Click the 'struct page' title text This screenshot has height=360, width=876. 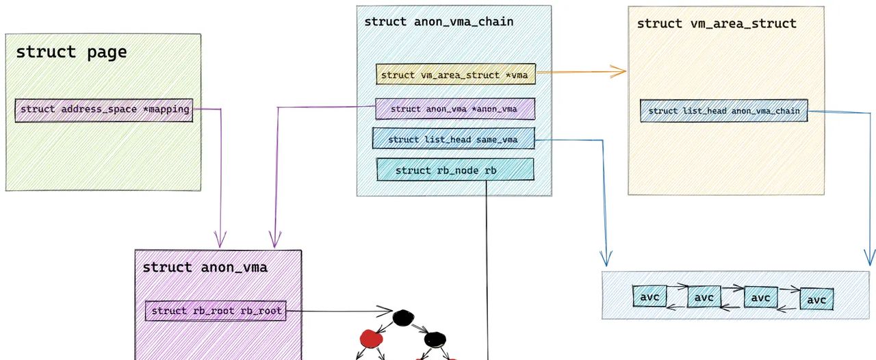71,52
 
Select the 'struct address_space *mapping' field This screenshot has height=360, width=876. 104,110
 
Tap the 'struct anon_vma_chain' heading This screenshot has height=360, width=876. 439,21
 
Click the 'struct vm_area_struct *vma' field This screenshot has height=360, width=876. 455,75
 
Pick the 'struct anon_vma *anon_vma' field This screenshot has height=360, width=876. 454,109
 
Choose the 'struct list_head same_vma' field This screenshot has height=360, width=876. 452,139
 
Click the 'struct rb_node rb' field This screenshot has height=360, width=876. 454,170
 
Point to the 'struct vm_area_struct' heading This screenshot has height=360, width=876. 717,23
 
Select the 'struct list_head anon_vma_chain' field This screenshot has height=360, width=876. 724,111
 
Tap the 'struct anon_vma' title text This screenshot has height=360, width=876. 205,268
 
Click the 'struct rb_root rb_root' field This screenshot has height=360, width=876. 216,311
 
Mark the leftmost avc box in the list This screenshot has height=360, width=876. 649,297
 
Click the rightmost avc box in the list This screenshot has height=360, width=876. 817,299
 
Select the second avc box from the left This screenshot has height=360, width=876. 704,297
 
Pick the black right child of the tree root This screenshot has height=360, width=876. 435,339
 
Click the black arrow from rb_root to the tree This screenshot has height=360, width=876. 335,312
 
